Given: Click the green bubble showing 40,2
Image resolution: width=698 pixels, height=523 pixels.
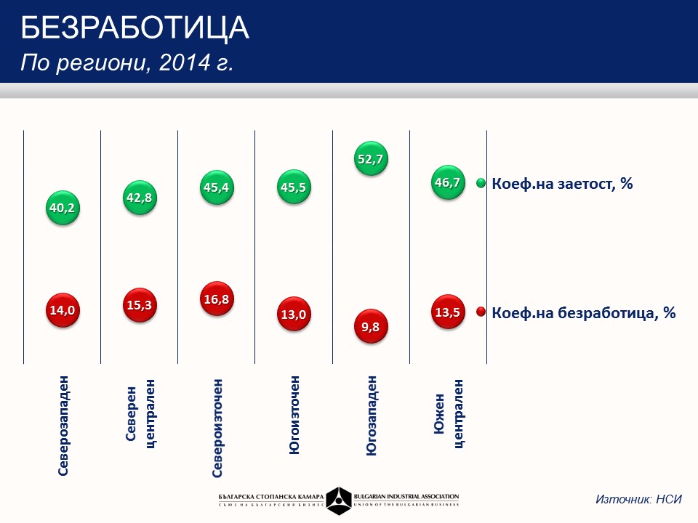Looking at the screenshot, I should tap(63, 208).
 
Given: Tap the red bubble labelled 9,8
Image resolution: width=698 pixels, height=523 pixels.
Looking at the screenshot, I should tap(371, 327).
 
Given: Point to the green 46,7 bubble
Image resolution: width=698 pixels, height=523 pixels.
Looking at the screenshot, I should tap(447, 182).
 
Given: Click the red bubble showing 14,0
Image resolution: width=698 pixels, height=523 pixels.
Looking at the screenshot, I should tap(63, 310).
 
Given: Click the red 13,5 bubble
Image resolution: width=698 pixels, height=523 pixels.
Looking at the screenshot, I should tap(447, 313).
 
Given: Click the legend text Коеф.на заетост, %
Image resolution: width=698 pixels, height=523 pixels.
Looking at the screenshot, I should tap(562, 184).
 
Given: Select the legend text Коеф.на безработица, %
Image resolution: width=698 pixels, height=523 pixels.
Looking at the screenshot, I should tap(584, 313).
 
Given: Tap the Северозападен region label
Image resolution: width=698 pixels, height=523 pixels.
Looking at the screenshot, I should tap(63, 425).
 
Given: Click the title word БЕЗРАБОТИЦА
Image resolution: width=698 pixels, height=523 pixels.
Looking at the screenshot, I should tap(135, 28).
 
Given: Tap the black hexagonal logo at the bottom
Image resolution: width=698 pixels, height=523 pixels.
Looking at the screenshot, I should tap(338, 500).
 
